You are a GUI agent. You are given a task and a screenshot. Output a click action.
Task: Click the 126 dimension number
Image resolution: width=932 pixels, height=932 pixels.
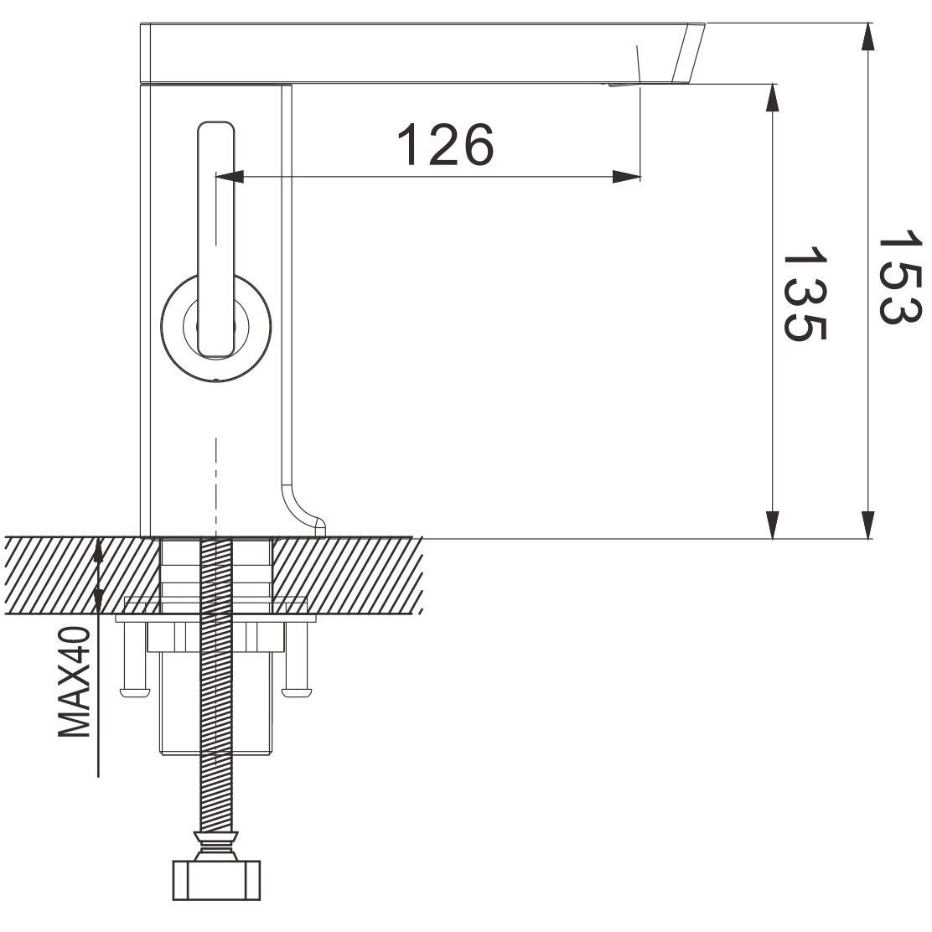tap(445, 144)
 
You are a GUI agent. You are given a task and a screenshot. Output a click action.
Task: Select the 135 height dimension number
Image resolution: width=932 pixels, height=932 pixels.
tap(805, 294)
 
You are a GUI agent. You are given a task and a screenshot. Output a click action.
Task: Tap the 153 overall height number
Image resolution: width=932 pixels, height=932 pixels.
tap(900, 277)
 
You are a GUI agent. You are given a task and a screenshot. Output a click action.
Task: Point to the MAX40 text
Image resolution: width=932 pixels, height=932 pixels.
tap(75, 681)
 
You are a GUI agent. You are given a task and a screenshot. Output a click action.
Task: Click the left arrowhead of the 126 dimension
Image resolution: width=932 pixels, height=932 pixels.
tap(230, 177)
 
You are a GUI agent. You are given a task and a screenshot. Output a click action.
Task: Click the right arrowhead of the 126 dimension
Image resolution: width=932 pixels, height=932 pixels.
tap(626, 177)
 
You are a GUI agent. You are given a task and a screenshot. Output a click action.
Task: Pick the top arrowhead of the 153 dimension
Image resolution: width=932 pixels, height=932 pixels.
tap(868, 38)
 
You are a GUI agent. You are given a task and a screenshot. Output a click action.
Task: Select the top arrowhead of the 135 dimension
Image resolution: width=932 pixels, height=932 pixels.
tap(772, 98)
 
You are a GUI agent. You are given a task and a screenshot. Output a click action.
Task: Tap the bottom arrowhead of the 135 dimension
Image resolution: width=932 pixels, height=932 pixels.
tap(772, 525)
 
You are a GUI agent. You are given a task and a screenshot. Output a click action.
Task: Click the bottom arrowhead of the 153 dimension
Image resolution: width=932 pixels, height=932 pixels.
tap(868, 525)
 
